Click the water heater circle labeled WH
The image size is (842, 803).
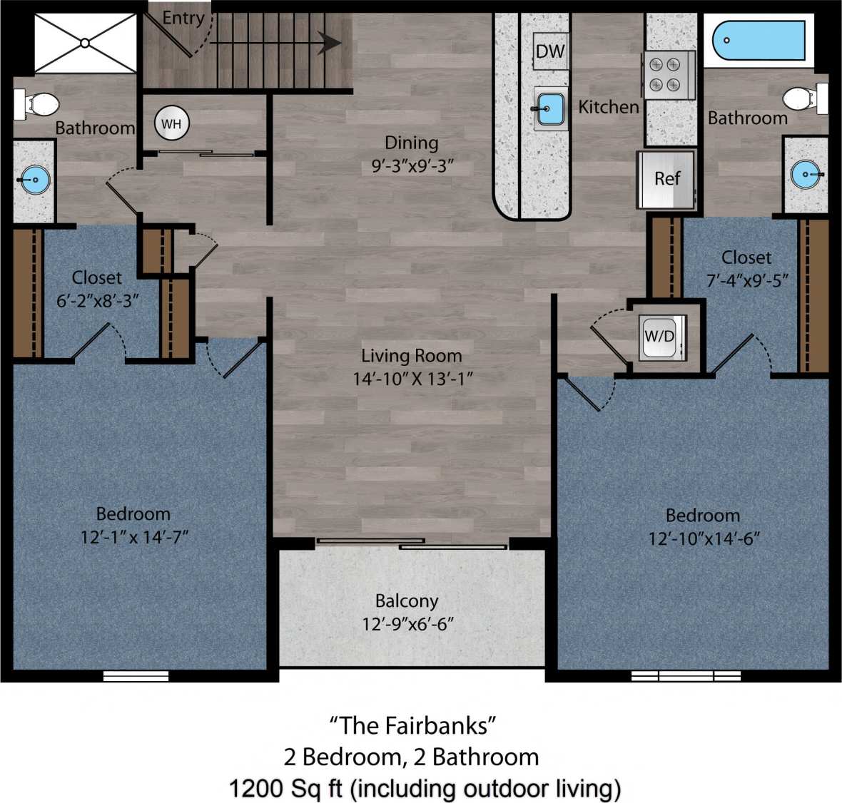pos(171,124)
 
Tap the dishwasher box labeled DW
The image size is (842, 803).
pos(550,51)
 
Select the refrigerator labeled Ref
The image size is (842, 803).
pos(666,179)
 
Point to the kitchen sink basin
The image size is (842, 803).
pos(551,109)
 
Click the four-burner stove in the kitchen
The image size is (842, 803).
pos(669,75)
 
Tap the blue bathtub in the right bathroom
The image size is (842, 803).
pos(759,41)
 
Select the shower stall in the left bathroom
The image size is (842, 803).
pos(85,43)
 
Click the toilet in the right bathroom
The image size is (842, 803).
pos(804,98)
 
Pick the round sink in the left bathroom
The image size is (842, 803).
pos(34,180)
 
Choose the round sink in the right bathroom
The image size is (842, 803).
pos(806,174)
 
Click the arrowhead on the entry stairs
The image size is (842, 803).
pos(329,43)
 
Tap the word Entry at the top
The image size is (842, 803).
pos(183,18)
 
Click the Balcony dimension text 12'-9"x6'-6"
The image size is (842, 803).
pos(407,625)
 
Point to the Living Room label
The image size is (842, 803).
pos(411,356)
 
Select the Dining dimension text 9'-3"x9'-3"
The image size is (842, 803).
pos(412,166)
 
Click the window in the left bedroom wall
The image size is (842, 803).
pos(136,676)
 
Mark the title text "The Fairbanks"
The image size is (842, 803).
pos(412,726)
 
